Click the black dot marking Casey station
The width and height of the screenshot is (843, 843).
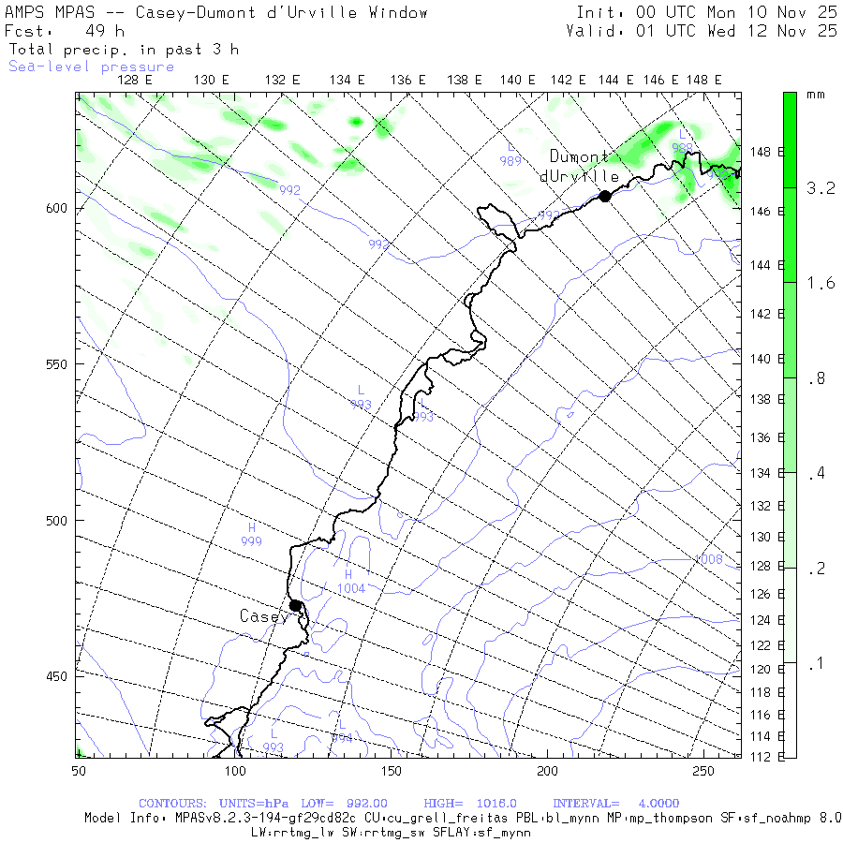[295, 605]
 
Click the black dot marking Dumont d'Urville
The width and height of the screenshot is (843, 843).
[605, 196]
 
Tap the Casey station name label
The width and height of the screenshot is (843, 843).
[264, 616]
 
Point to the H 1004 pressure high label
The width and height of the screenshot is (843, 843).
[350, 582]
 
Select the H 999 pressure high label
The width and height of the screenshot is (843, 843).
[251, 535]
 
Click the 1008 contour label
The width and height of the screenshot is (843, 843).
[708, 560]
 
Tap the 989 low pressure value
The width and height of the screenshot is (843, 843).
[510, 161]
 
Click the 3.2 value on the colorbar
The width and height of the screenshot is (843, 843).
[821, 188]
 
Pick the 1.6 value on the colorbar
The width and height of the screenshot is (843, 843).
[821, 284]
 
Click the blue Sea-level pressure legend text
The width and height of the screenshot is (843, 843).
[91, 67]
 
